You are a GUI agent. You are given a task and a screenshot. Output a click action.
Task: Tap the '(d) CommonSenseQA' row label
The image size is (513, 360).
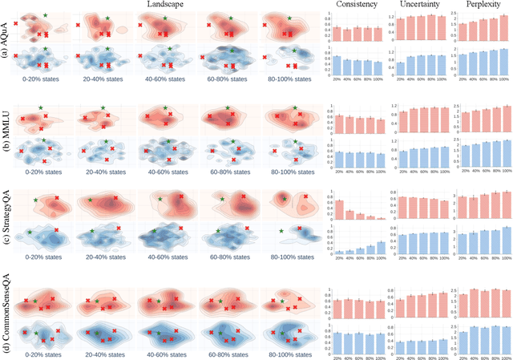click(6, 311)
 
